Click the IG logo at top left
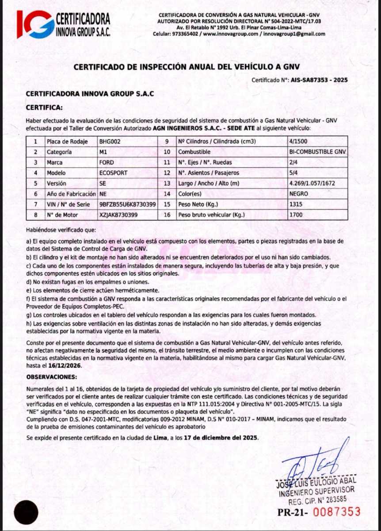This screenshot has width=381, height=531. pos(35,24)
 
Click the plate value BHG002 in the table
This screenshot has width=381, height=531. pos(110,142)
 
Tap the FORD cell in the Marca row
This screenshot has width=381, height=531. pos(107,162)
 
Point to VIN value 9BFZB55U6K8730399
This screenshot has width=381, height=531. pos(128,204)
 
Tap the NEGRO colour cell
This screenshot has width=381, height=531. pos(299,194)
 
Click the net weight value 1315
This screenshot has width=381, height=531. pos(296,204)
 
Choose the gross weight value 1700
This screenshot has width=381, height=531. pos(296,215)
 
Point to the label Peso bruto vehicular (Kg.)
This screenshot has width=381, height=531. pos(213,215)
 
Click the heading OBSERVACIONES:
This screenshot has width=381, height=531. pos(52,377)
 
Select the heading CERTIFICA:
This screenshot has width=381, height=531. pos(44,107)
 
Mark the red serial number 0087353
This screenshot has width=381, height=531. pos(335,512)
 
